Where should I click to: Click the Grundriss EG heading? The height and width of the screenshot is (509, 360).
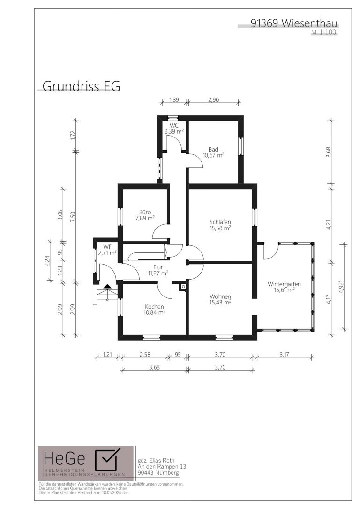pos(81,86)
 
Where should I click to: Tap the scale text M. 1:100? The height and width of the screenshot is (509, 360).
pos(324,32)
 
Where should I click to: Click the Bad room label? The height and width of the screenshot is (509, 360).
pos(213,149)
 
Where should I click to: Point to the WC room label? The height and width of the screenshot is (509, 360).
pos(174,125)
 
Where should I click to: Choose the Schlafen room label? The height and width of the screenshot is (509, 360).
pos(220,222)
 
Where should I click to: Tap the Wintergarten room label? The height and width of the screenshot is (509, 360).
pos(284,284)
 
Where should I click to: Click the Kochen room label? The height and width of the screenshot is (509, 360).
pos(154,306)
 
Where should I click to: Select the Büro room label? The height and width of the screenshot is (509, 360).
pos(145,212)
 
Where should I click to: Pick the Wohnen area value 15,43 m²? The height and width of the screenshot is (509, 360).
pos(220,302)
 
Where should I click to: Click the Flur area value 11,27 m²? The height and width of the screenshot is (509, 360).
pos(158,273)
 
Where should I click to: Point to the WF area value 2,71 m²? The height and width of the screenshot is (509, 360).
pos(107,252)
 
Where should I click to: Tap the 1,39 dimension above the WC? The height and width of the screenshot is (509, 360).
pos(174,99)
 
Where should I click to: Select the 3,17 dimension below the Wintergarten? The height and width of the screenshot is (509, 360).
pos(284,354)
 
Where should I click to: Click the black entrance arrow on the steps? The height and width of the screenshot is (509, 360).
pos(107,286)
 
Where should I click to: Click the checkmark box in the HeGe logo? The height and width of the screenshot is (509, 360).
pos(107,460)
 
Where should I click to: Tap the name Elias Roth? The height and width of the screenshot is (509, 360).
pos(161,460)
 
